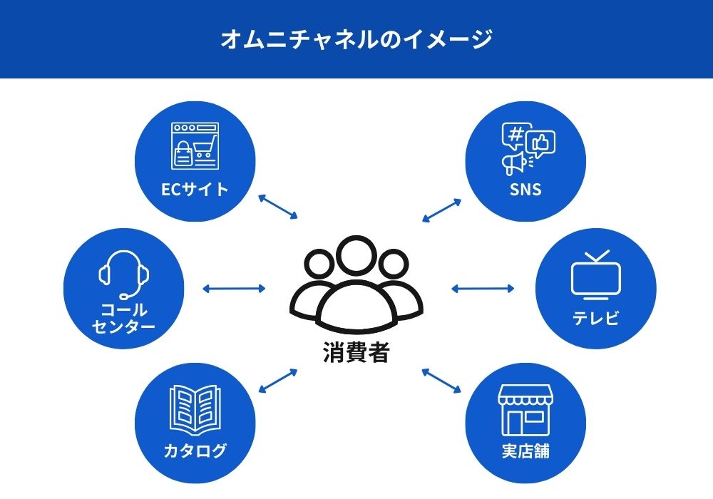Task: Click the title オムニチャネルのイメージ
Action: click(356, 39)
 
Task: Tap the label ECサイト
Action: click(195, 190)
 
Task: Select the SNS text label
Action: click(525, 190)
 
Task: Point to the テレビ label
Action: click(596, 318)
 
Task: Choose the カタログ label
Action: click(195, 451)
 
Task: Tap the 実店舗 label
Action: click(525, 451)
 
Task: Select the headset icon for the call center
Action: click(124, 274)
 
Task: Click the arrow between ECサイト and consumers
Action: click(277, 206)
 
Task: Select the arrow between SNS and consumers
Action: click(442, 210)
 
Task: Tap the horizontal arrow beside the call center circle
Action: click(234, 289)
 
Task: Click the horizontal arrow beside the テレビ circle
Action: click(483, 289)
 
